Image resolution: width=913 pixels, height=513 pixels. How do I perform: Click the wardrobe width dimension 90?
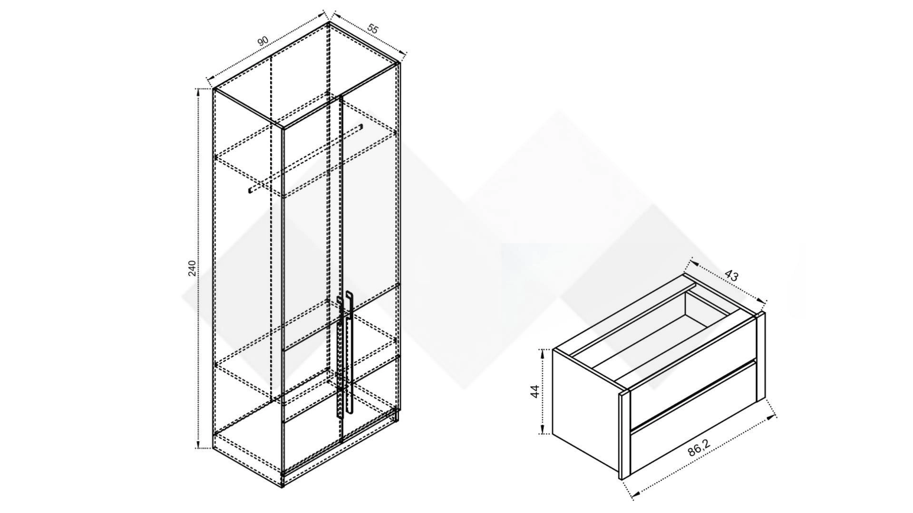tap(263, 42)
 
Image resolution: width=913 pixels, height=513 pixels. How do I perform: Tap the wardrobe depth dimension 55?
tap(373, 29)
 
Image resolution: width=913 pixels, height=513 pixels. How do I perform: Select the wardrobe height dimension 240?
tap(192, 268)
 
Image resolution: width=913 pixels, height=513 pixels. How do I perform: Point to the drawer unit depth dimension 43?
tap(731, 275)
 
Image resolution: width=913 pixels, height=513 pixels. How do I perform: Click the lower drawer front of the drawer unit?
tap(693, 427)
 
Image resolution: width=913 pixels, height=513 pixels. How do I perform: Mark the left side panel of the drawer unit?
tap(585, 403)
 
